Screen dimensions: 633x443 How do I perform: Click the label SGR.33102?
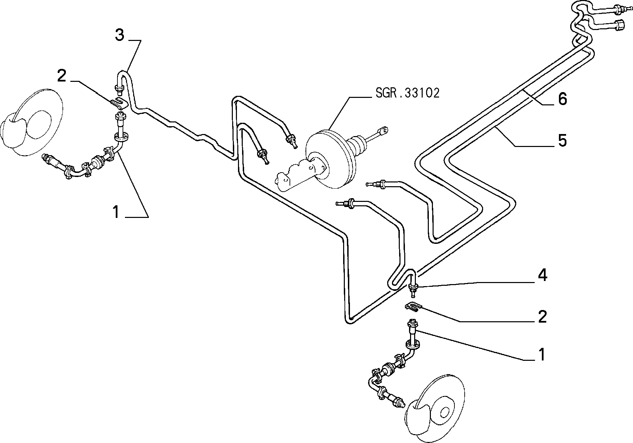pyautogui.click(x=407, y=93)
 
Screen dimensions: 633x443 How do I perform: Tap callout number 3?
pyautogui.click(x=119, y=35)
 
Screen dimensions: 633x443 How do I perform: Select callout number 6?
pyautogui.click(x=562, y=99)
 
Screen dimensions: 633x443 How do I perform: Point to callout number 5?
pyautogui.click(x=562, y=141)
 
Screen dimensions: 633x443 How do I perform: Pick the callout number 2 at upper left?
pyautogui.click(x=62, y=76)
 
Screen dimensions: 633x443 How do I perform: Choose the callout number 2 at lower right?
pyautogui.click(x=542, y=317)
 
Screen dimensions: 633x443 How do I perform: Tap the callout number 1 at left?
pyautogui.click(x=116, y=212)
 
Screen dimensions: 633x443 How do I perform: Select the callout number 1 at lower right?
pyautogui.click(x=542, y=355)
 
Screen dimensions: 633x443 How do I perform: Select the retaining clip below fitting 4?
pyautogui.click(x=413, y=307)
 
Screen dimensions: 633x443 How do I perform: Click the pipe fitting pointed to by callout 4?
pyautogui.click(x=413, y=290)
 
